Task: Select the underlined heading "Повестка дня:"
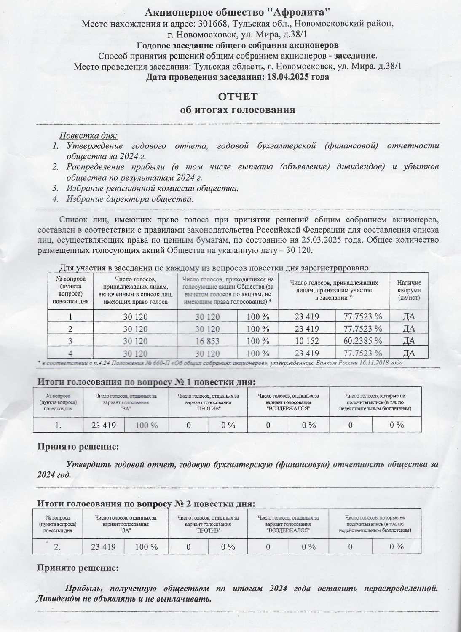coord(88,136)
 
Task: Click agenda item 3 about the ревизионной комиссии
coord(152,188)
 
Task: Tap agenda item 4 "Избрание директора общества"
coord(130,199)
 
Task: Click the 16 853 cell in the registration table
coord(207,341)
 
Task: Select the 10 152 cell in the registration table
coord(307,341)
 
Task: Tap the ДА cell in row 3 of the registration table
coord(409,341)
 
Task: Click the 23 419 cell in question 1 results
coord(104,425)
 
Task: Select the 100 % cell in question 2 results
coord(146,547)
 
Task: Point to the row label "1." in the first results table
coord(59,425)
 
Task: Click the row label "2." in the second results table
coord(58,547)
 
